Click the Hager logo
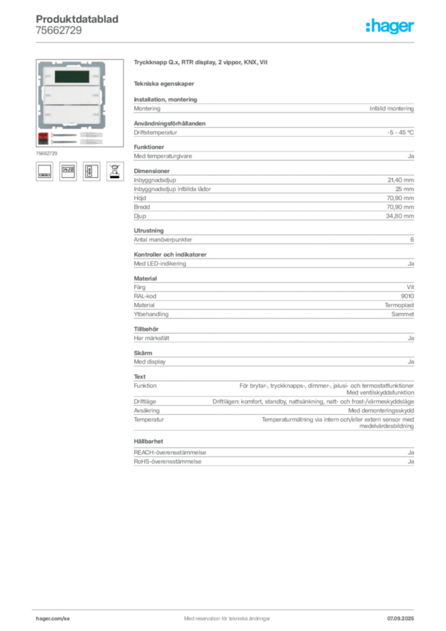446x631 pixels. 389,26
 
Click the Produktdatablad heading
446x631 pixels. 77,19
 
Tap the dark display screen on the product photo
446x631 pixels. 71,76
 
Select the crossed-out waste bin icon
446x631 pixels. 115,171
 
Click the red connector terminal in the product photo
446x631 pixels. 43,138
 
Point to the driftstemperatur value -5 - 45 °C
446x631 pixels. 400,132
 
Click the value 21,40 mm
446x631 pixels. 400,180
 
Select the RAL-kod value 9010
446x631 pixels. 407,296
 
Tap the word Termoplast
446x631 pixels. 399,305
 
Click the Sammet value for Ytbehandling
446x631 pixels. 402,314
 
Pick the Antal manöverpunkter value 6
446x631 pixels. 412,240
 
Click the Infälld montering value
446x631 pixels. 392,108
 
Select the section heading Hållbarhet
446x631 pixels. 148,441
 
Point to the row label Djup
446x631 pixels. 140,216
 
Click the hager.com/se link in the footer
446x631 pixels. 53,619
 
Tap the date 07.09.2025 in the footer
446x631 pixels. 400,619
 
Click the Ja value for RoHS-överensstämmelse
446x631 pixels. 411,462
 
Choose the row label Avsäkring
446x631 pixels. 147,410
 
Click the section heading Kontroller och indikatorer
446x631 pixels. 170,254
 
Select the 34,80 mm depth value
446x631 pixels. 400,216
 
